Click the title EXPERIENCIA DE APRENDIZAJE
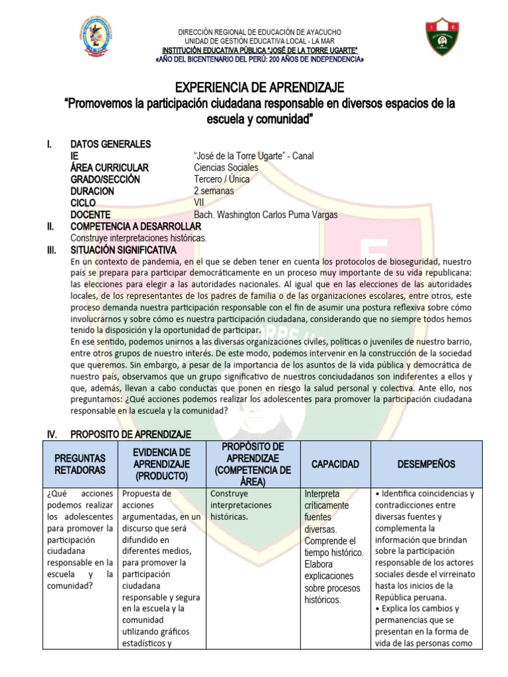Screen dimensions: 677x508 [259, 88]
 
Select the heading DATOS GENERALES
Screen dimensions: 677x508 [110, 144]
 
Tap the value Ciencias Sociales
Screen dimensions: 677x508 [226, 168]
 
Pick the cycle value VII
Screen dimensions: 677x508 [199, 203]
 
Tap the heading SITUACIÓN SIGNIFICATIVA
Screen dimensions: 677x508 [123, 250]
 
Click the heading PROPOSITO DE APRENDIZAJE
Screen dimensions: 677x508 [130, 434]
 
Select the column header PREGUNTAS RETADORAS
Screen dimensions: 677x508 [80, 463]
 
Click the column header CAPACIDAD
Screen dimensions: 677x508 [335, 464]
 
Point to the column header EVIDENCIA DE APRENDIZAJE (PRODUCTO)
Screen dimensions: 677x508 [162, 463]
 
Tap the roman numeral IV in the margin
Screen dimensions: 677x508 [51, 434]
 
